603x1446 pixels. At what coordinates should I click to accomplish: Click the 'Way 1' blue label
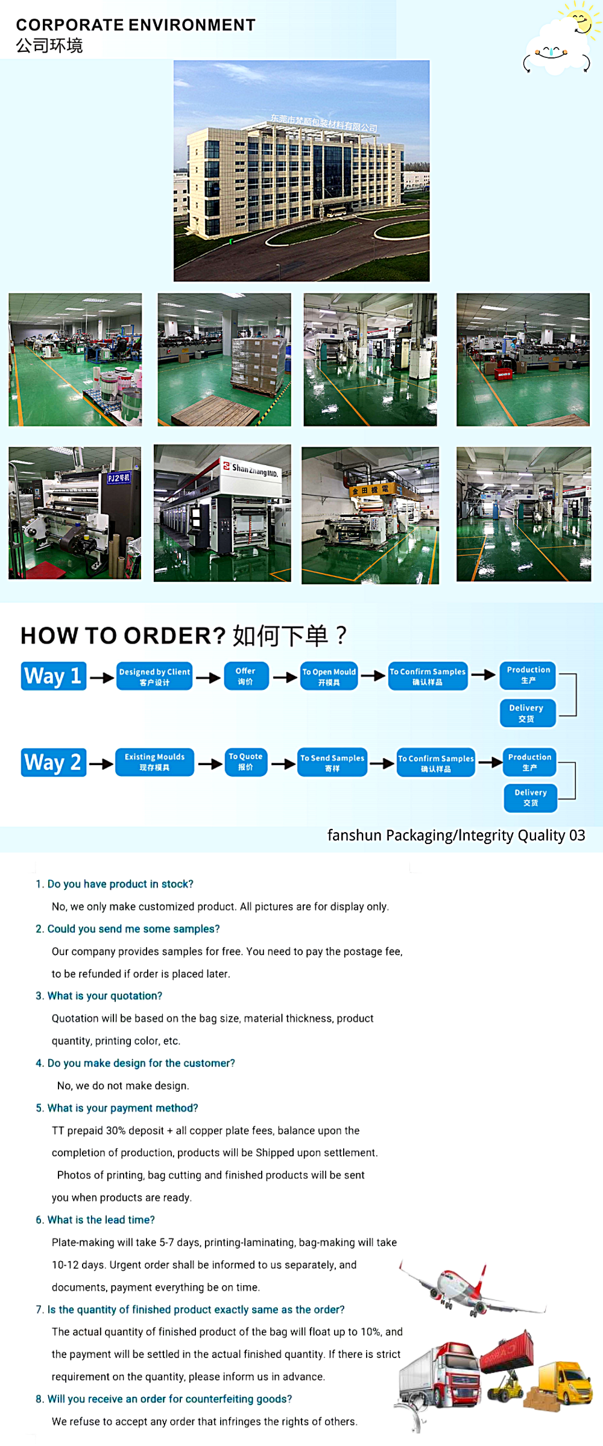(x=53, y=676)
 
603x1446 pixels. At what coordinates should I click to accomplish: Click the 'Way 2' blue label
(x=53, y=762)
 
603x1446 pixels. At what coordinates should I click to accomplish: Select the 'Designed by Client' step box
(x=154, y=677)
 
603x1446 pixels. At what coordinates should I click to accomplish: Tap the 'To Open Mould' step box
(x=329, y=677)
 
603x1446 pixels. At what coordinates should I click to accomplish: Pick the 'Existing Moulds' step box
(x=154, y=762)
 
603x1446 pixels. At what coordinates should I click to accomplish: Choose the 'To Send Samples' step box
(x=332, y=763)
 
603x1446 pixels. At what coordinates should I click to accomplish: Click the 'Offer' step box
(x=245, y=676)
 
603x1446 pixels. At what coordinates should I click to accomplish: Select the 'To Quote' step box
(x=245, y=762)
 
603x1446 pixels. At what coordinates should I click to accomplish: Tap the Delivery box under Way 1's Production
(x=526, y=713)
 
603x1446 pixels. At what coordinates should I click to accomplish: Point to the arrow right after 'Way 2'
(x=101, y=764)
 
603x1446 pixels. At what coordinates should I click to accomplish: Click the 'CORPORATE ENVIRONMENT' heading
(x=136, y=25)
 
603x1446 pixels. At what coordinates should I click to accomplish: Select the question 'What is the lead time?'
(x=101, y=1219)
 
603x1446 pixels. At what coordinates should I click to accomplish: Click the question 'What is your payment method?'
(x=122, y=1108)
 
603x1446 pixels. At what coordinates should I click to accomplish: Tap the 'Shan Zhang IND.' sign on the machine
(x=255, y=469)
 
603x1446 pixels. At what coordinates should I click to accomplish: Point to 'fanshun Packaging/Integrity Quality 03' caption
(x=456, y=835)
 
